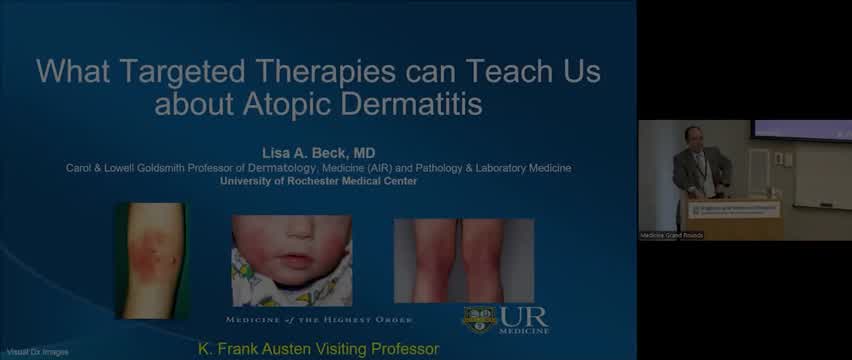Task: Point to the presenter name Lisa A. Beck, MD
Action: (320, 153)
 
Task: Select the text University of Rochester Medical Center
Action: (320, 181)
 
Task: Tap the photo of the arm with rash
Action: (152, 260)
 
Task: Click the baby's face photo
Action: (291, 260)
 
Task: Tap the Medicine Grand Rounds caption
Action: (672, 235)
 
